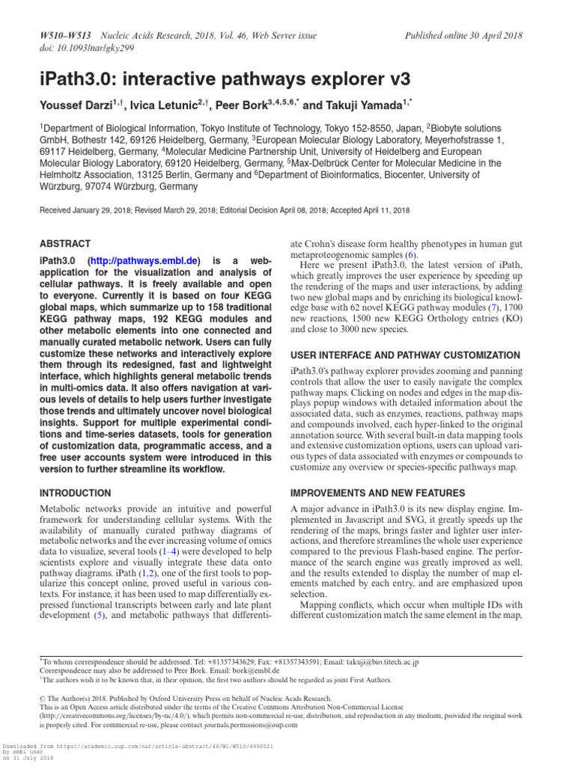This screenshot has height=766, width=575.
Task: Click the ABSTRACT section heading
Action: [x=64, y=244]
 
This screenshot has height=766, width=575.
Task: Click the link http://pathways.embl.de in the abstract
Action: [x=144, y=260]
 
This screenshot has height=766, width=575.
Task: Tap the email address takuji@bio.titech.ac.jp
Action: [x=375, y=662]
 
